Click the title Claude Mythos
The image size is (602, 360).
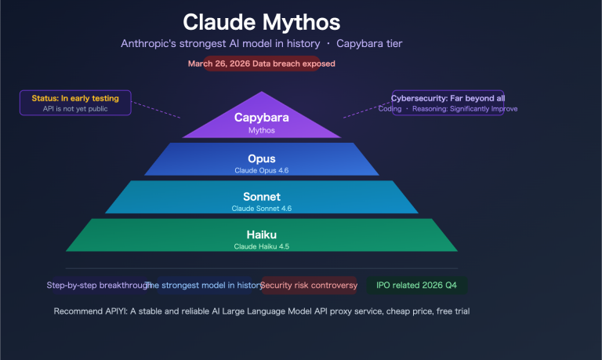click(262, 20)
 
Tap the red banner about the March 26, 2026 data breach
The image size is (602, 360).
click(262, 64)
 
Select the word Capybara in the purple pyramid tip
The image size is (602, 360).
click(262, 118)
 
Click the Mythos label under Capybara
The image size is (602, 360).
click(262, 130)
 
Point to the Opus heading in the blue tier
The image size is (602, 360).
click(262, 158)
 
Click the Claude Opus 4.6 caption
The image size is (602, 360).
click(262, 169)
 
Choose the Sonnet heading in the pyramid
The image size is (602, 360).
click(262, 197)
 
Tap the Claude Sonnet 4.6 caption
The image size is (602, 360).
click(262, 208)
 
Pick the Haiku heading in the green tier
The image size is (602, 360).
click(262, 235)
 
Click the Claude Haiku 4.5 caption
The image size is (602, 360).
click(262, 246)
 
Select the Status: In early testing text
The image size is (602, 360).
click(75, 98)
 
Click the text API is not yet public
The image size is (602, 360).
click(75, 109)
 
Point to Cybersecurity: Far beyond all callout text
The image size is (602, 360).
click(448, 98)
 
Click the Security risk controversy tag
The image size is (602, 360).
click(309, 285)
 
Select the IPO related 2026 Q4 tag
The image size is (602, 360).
click(417, 285)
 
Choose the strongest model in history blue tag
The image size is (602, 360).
click(204, 285)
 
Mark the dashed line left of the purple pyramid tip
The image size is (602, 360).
click(156, 111)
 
